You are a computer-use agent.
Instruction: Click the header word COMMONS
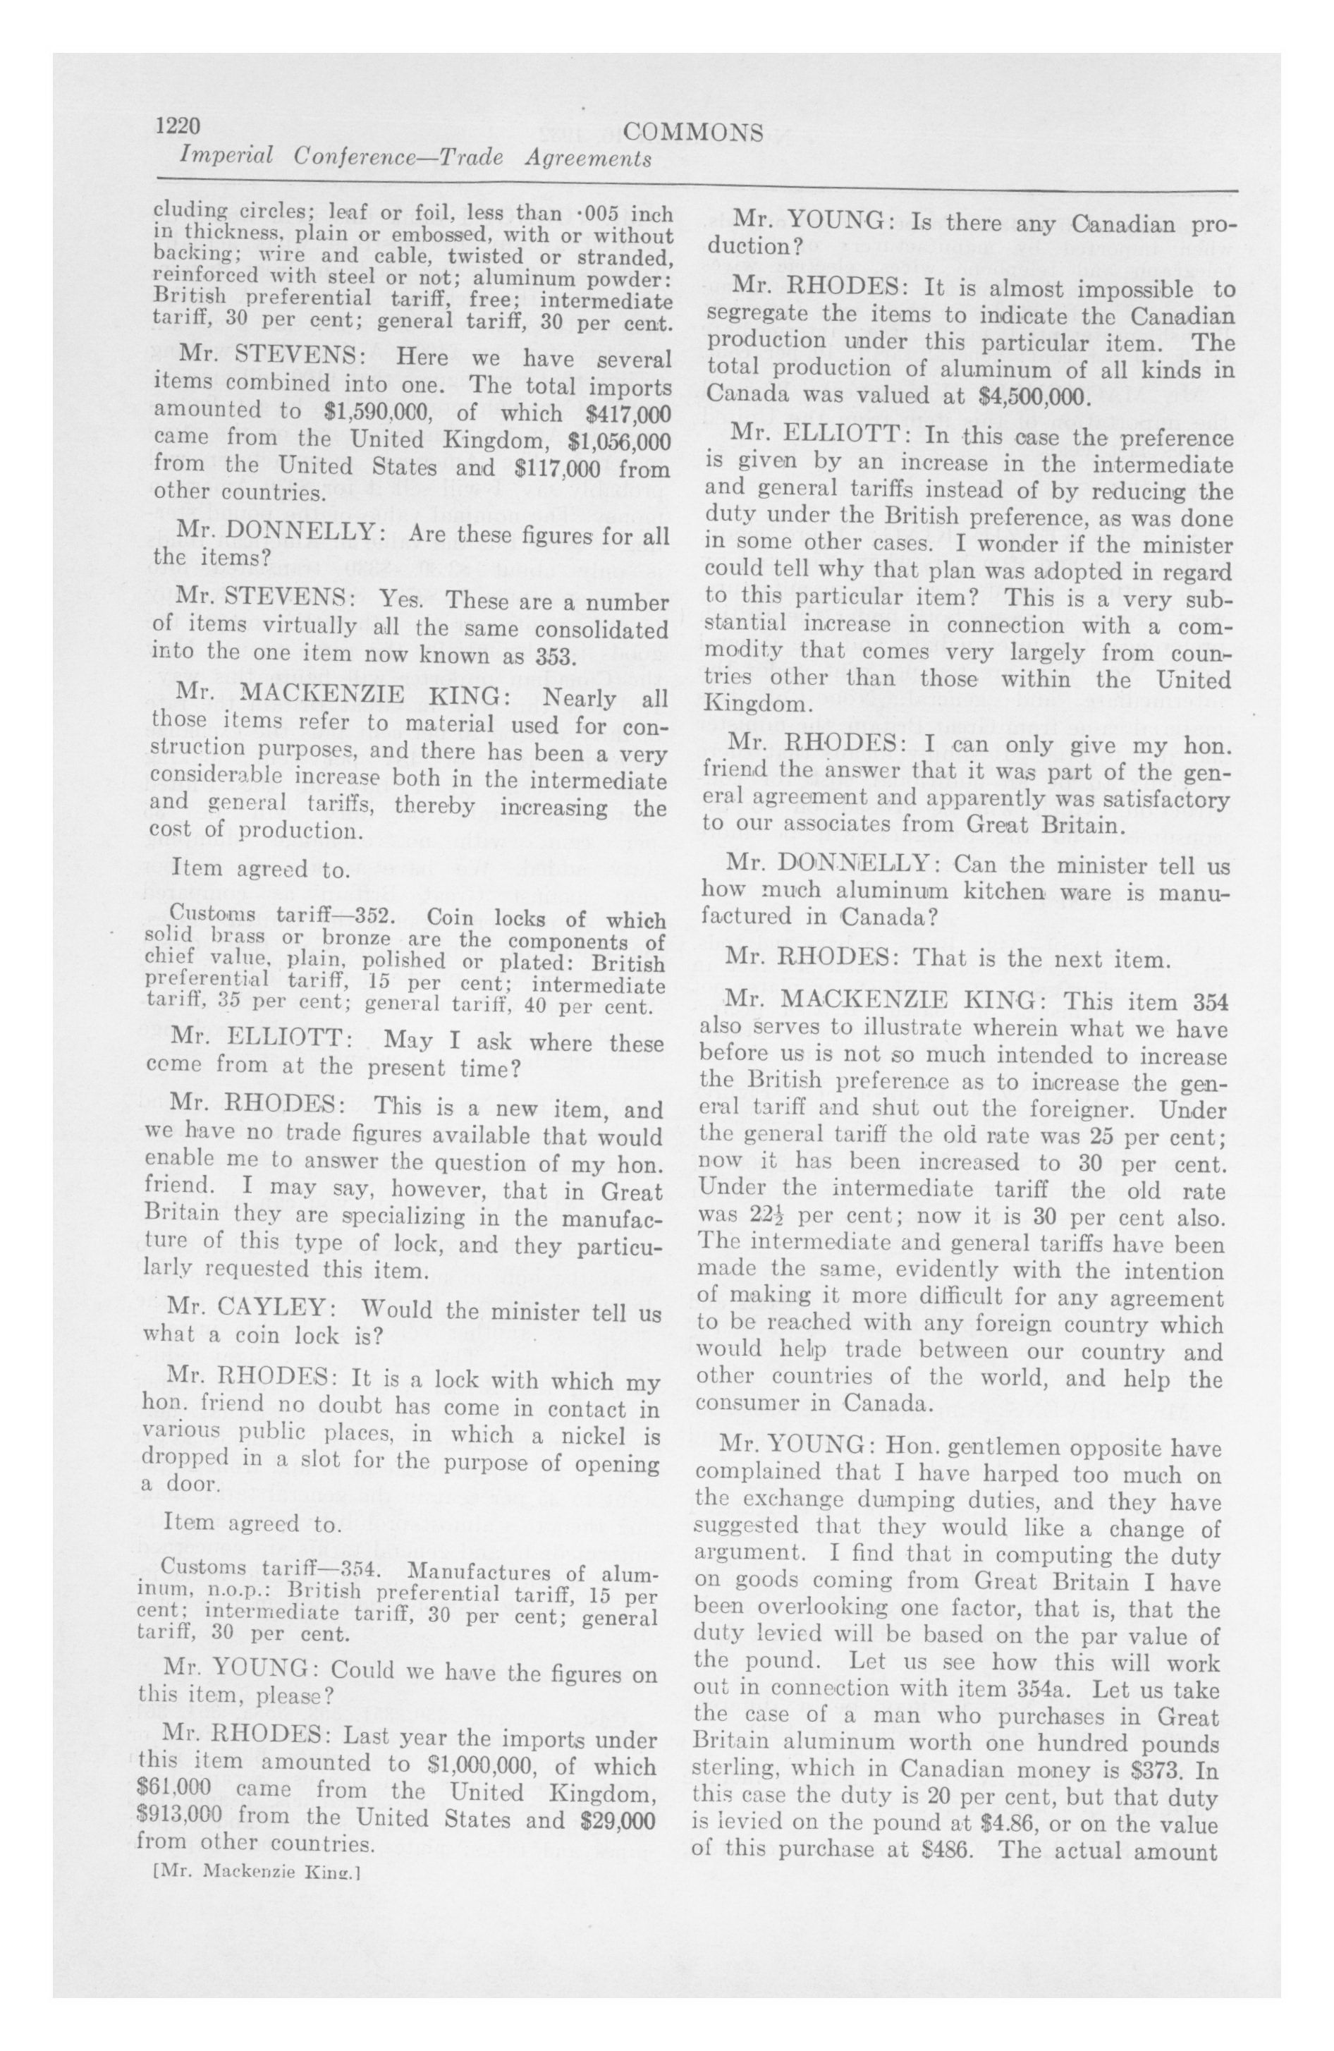[693, 132]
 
